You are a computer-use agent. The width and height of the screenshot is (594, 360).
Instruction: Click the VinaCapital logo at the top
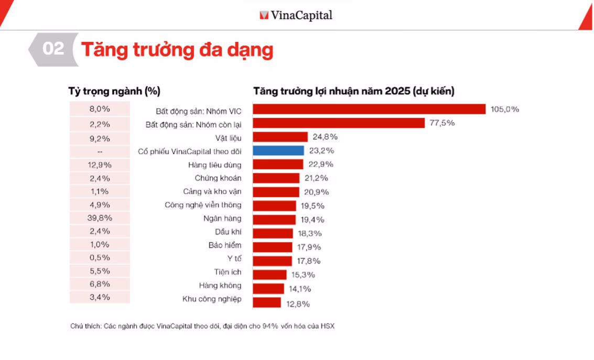[296, 15]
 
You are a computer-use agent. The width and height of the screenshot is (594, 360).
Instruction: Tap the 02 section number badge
[53, 49]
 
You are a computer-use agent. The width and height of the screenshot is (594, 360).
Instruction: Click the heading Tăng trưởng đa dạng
[177, 50]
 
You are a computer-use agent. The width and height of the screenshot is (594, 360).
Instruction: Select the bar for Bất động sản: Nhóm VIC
[369, 109]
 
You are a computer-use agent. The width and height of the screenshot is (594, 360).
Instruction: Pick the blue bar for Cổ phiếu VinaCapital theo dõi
[278, 150]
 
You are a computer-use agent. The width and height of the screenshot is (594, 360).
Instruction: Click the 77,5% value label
[442, 123]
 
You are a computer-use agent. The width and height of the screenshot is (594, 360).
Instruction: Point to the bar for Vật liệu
[280, 137]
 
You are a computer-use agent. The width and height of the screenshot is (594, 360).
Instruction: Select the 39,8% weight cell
[100, 217]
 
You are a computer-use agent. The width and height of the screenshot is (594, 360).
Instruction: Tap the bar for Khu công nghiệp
[267, 302]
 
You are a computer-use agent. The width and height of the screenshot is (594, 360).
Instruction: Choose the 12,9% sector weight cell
[100, 164]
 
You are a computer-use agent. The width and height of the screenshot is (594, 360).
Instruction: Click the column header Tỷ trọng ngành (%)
[114, 91]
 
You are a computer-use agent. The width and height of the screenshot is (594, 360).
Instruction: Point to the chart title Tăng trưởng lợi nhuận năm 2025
[354, 91]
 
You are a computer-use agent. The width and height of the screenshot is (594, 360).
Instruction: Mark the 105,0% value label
[504, 110]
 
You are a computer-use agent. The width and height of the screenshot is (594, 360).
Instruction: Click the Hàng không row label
[220, 286]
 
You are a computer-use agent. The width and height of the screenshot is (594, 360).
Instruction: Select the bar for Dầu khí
[273, 233]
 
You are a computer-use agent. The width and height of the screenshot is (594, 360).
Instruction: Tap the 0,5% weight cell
[100, 258]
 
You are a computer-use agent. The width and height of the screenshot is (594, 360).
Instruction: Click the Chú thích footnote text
[202, 326]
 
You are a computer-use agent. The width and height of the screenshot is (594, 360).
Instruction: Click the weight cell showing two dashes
[100, 151]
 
